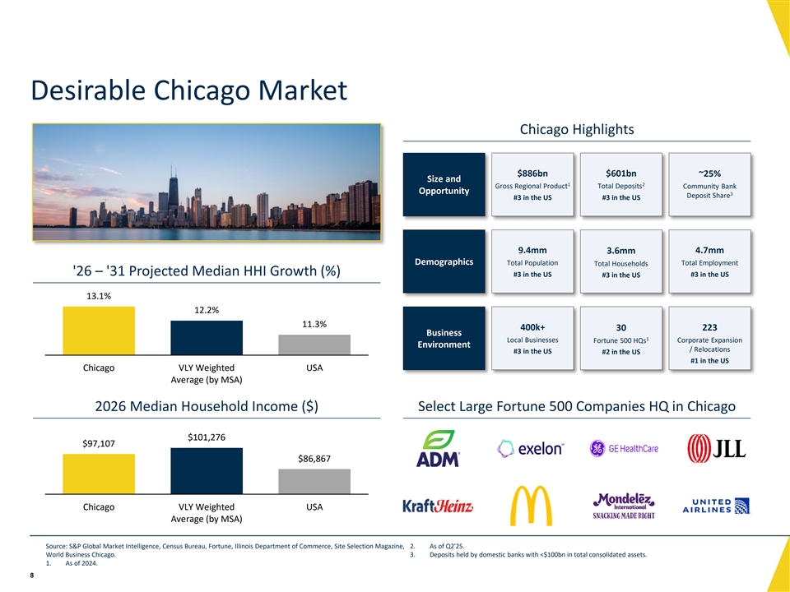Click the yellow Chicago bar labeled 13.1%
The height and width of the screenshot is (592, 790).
(x=99, y=331)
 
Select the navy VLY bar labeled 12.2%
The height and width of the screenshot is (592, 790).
(x=207, y=337)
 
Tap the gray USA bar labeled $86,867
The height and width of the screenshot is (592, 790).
(x=314, y=481)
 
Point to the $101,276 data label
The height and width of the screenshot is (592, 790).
(x=207, y=437)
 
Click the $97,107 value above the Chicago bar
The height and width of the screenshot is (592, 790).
(x=99, y=443)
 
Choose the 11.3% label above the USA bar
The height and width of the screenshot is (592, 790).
(x=314, y=324)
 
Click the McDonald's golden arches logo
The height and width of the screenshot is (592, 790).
(x=531, y=506)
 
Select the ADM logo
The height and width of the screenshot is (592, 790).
(x=438, y=448)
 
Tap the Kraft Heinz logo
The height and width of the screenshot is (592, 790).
(x=438, y=506)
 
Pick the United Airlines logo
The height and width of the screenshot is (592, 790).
(x=716, y=506)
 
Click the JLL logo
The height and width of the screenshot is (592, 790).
(x=716, y=448)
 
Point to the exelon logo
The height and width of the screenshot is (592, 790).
(x=531, y=448)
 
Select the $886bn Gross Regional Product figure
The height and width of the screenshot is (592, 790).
(x=532, y=173)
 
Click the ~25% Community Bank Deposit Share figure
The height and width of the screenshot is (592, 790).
(x=709, y=173)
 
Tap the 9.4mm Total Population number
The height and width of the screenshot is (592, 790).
(x=532, y=250)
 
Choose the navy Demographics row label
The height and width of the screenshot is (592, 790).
(x=444, y=261)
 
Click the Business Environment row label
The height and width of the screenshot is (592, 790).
(x=444, y=339)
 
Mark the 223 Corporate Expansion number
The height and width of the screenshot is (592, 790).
(x=709, y=327)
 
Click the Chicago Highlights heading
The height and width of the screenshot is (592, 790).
(x=577, y=129)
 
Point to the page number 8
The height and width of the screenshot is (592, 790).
(x=32, y=576)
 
